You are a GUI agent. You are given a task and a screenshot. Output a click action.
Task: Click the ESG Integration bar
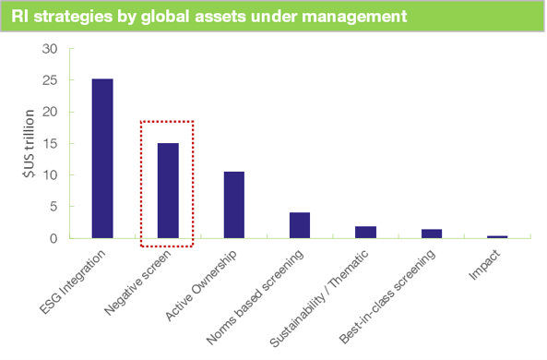(x=101, y=158)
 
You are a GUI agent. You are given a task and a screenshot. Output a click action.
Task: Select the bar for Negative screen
(x=168, y=190)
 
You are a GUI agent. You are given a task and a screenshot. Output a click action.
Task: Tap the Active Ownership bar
(x=233, y=205)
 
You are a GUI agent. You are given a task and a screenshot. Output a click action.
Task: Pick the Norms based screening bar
(x=300, y=225)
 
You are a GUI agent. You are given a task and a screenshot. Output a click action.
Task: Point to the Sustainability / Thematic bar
(x=365, y=232)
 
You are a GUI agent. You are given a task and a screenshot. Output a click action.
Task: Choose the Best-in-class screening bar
(x=431, y=234)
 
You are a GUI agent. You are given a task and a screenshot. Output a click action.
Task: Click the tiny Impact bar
(x=497, y=236)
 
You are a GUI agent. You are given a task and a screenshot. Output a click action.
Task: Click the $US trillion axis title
(x=30, y=144)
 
